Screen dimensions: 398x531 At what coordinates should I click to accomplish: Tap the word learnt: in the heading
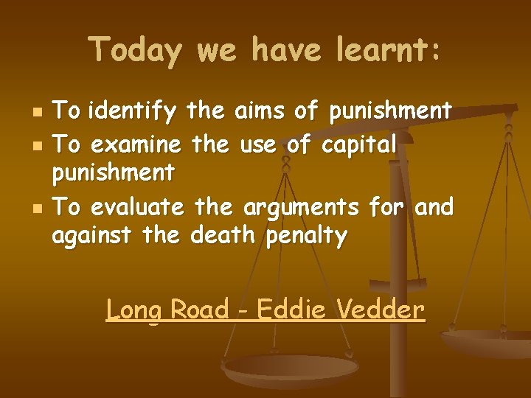388,52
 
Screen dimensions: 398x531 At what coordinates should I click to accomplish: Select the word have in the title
288,52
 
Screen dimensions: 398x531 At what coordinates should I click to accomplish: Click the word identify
133,113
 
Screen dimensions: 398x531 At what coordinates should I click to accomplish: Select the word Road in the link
199,309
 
